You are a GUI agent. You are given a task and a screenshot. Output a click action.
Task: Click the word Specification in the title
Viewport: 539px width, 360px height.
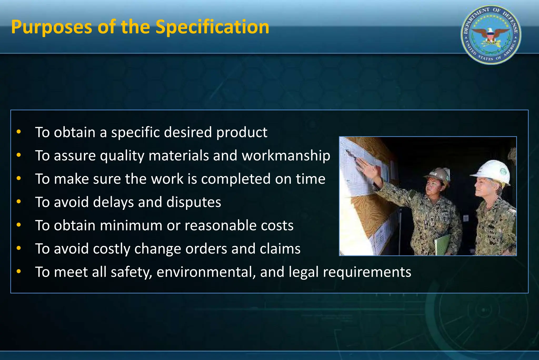pyautogui.click(x=212, y=27)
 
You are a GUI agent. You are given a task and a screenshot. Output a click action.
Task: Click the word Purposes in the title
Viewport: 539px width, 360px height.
pyautogui.click(x=52, y=27)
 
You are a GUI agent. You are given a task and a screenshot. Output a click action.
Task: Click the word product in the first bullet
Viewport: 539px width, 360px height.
pyautogui.click(x=242, y=132)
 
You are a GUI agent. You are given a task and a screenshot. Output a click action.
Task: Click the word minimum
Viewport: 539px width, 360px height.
pyautogui.click(x=131, y=225)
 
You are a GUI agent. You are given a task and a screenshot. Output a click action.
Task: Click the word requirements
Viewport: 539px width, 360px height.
pyautogui.click(x=367, y=272)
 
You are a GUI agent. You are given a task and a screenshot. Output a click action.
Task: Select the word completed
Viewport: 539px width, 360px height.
pyautogui.click(x=236, y=179)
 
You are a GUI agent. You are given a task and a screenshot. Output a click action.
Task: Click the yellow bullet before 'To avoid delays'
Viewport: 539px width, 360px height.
pyautogui.click(x=18, y=202)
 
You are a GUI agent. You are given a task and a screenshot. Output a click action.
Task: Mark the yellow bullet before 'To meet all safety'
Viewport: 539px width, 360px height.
pyautogui.click(x=18, y=271)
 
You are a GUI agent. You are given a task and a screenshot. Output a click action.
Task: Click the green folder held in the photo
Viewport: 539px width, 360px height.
pyautogui.click(x=442, y=245)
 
